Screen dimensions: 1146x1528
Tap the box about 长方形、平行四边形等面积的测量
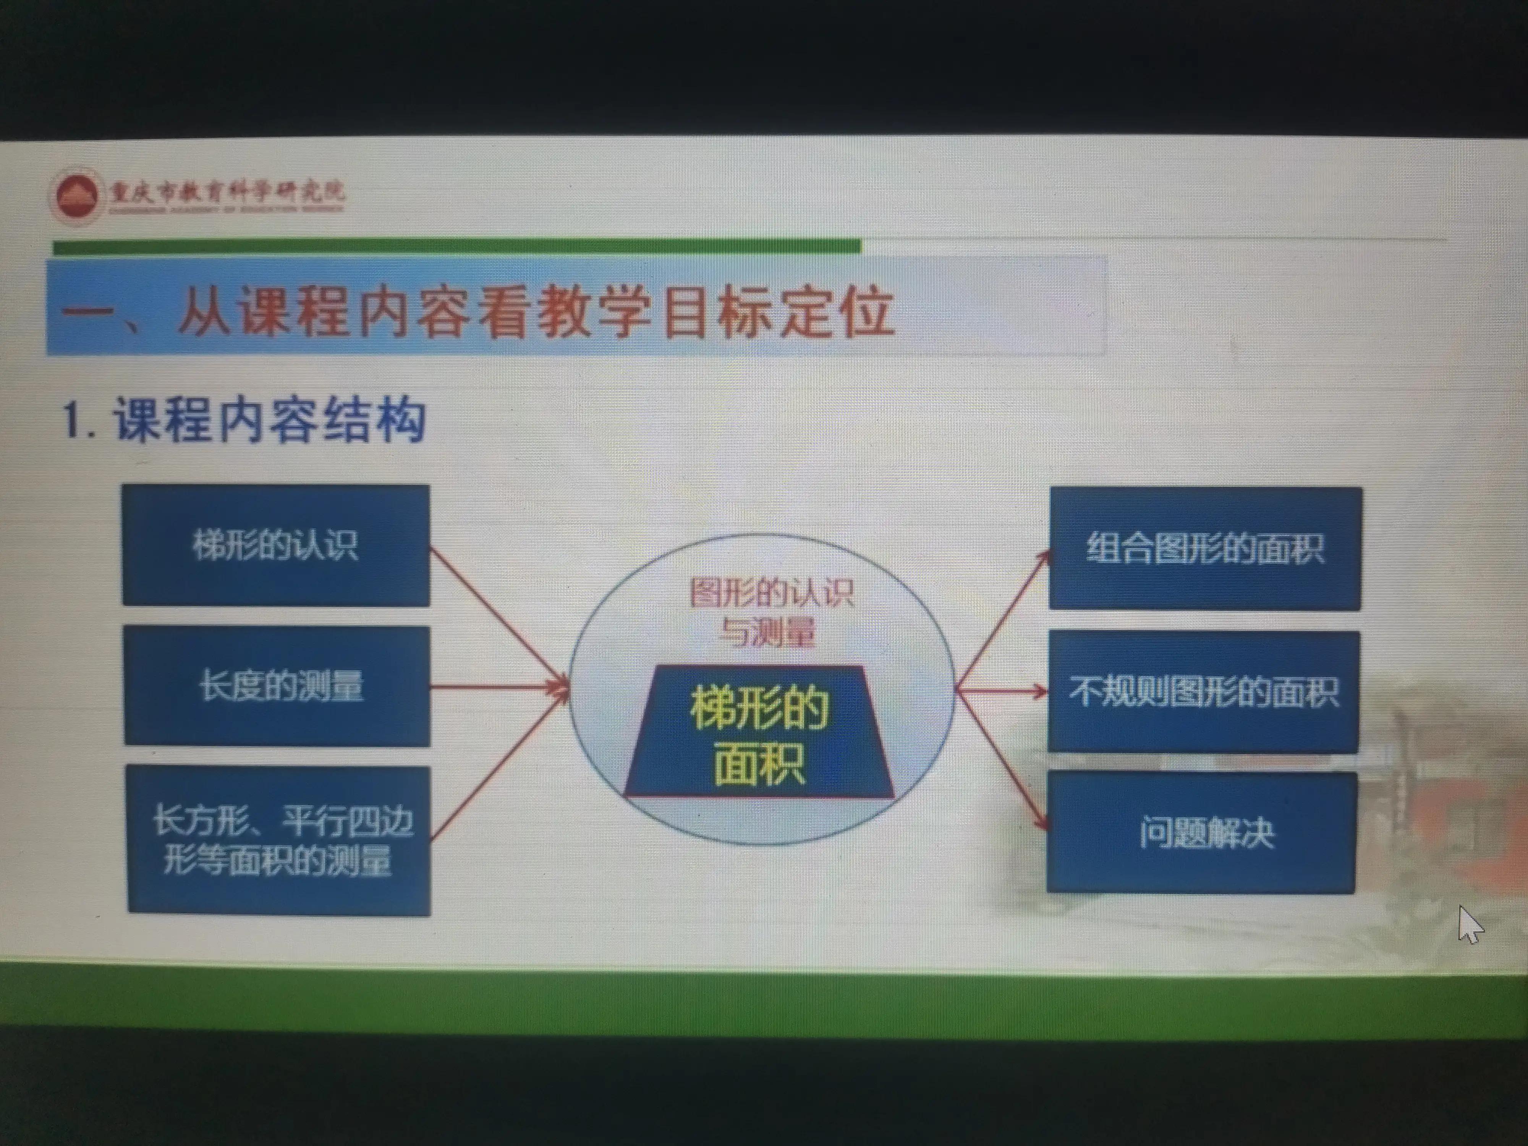279,841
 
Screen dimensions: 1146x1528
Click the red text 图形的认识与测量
770,611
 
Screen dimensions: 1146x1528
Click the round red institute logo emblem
76,196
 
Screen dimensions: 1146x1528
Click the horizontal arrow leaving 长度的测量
497,687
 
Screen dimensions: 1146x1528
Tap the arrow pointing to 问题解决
1002,760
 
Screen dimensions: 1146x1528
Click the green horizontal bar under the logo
456,247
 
